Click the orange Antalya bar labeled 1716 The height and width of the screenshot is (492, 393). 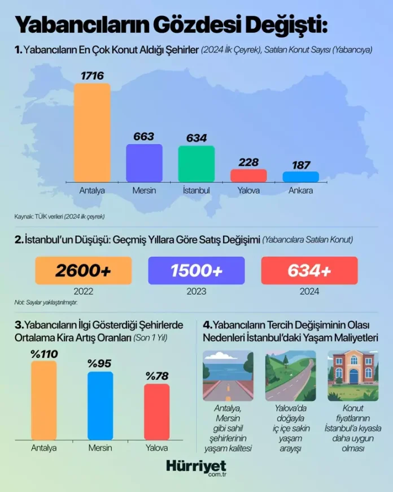click(x=92, y=132)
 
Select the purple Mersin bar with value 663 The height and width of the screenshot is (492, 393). click(x=144, y=163)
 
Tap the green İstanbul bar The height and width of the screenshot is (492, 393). click(x=197, y=163)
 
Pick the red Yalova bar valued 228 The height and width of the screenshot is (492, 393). click(x=248, y=175)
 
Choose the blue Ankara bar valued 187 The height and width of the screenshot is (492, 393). click(x=301, y=176)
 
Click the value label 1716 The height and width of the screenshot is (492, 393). click(x=92, y=75)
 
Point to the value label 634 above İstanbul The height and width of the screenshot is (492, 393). click(x=196, y=138)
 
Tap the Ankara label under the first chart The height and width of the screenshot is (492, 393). click(x=300, y=191)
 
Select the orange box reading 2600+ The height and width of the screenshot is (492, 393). click(x=84, y=271)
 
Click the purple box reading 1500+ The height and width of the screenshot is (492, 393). click(x=197, y=271)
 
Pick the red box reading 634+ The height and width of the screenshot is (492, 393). click(x=309, y=271)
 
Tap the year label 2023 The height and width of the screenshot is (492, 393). click(x=196, y=292)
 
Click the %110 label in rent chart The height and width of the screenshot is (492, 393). click(x=44, y=355)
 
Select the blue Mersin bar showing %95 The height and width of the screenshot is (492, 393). click(x=101, y=404)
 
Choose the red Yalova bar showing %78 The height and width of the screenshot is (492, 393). click(x=156, y=411)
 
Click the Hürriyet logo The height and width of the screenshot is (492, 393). click(x=196, y=466)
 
